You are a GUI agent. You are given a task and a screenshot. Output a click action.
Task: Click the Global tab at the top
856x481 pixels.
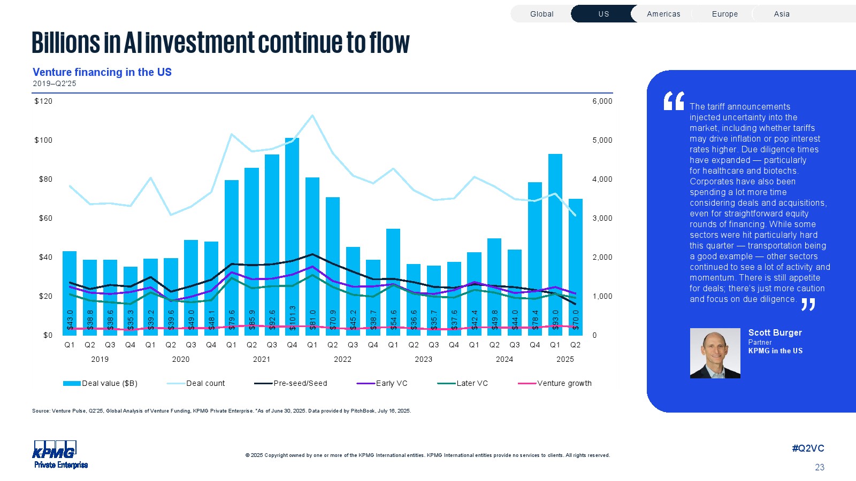coord(541,14)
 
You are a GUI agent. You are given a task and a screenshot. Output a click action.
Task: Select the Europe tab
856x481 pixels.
coord(724,14)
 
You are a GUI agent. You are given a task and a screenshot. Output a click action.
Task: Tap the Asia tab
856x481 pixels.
coord(781,14)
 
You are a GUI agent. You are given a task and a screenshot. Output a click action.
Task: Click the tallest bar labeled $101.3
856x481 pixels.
coord(292,235)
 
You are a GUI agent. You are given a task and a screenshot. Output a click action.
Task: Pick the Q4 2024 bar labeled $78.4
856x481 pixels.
coord(535,257)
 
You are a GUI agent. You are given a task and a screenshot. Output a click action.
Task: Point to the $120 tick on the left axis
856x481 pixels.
coord(43,101)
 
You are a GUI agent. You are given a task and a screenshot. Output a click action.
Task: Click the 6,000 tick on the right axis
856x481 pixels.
coord(602,101)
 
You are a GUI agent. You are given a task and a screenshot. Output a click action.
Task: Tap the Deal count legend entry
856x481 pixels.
coord(205,383)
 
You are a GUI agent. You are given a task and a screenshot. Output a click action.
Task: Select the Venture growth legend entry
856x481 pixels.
coord(564,383)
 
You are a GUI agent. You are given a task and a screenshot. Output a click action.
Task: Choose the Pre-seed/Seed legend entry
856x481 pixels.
coord(300,383)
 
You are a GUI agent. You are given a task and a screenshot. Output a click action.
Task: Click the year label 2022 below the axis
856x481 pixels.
coord(342,359)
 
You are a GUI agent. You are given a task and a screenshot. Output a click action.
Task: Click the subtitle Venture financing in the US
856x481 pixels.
coord(102,72)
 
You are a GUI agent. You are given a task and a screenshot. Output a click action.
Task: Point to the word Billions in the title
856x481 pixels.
coord(65,43)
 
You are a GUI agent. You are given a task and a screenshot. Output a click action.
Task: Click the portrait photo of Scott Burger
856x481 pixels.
coord(715,353)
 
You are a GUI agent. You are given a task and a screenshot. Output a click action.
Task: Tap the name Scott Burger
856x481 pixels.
coord(775,332)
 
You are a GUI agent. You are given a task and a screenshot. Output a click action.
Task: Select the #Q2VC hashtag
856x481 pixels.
coord(808,448)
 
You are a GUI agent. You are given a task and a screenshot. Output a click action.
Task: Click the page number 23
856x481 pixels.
coord(819,467)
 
